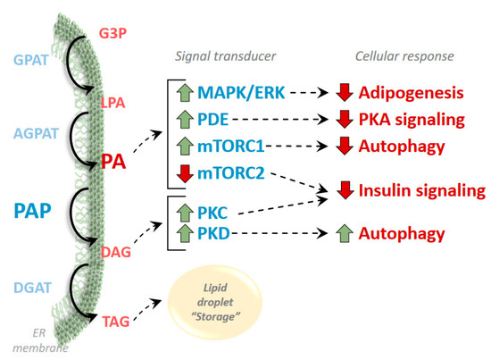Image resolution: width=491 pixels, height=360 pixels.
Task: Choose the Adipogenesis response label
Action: pyautogui.click(x=411, y=94)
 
